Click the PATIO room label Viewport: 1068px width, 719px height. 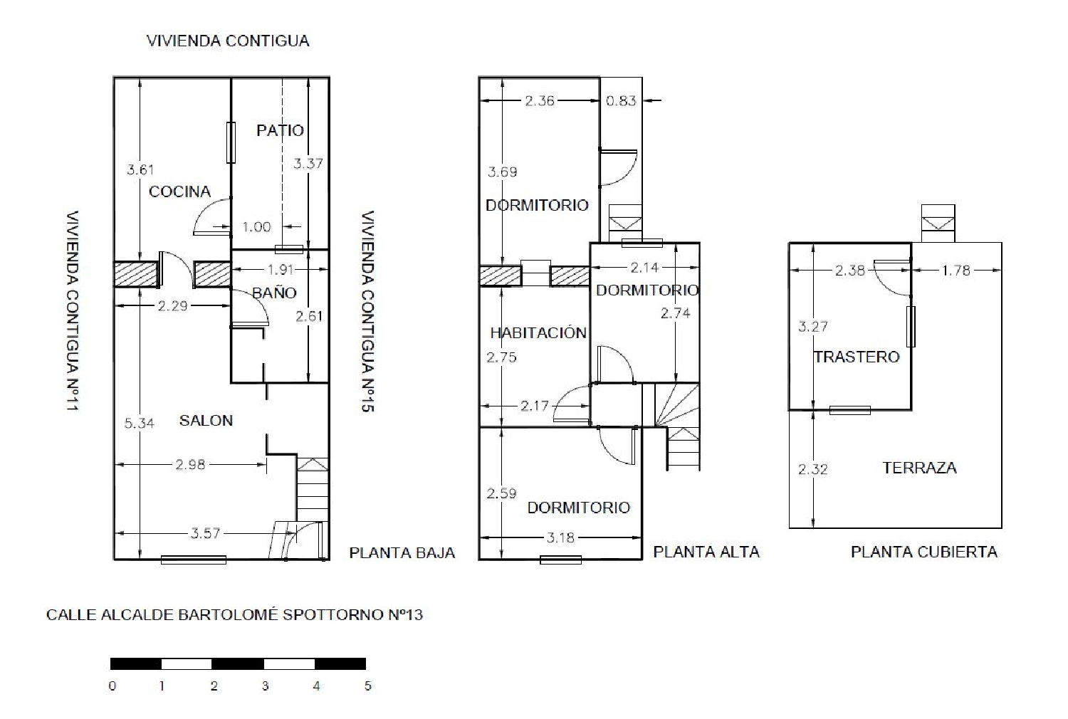click(x=280, y=130)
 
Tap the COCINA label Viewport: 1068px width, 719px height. click(x=179, y=191)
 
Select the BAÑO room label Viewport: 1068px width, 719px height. click(x=274, y=293)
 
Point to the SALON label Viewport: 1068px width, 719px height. click(x=206, y=421)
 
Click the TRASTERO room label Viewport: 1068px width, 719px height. click(x=857, y=357)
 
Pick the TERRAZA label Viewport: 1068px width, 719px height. click(x=919, y=468)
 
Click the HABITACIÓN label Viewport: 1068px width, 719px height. click(x=538, y=332)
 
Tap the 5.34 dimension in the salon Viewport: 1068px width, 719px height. click(x=140, y=423)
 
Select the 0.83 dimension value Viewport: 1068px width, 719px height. click(x=621, y=100)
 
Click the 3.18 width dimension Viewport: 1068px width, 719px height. click(x=560, y=537)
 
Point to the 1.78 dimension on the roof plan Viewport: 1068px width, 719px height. click(x=956, y=271)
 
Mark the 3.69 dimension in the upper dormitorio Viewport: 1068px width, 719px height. click(x=502, y=172)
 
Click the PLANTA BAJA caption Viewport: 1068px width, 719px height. click(x=402, y=553)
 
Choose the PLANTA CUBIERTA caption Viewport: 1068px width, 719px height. click(x=924, y=552)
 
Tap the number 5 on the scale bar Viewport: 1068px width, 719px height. click(x=367, y=686)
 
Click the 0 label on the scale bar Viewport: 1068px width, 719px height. click(x=112, y=686)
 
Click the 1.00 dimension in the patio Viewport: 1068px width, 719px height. click(x=256, y=227)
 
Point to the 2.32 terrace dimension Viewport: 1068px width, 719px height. click(x=813, y=469)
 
